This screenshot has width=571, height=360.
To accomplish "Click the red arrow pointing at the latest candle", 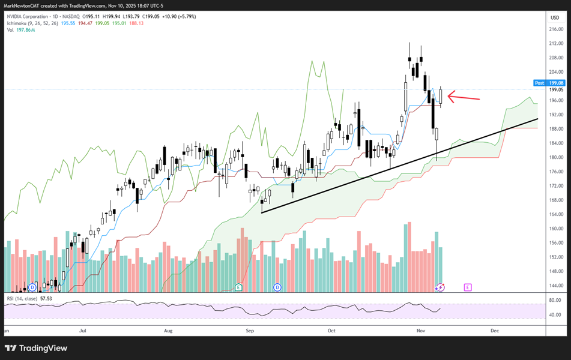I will [464, 98].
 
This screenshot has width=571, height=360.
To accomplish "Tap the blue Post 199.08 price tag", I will [548, 83].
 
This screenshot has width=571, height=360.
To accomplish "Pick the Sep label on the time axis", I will [250, 331].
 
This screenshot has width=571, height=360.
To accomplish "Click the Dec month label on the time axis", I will [495, 331].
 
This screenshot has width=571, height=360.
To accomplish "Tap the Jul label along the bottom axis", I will [83, 331].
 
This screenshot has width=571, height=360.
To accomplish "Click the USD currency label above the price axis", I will [555, 17].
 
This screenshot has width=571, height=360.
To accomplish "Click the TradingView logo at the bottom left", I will [36, 348].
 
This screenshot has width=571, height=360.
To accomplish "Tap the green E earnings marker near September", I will [239, 287].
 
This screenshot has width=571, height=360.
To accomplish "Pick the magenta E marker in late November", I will [468, 287].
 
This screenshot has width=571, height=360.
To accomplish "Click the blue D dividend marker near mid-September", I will [278, 287].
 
